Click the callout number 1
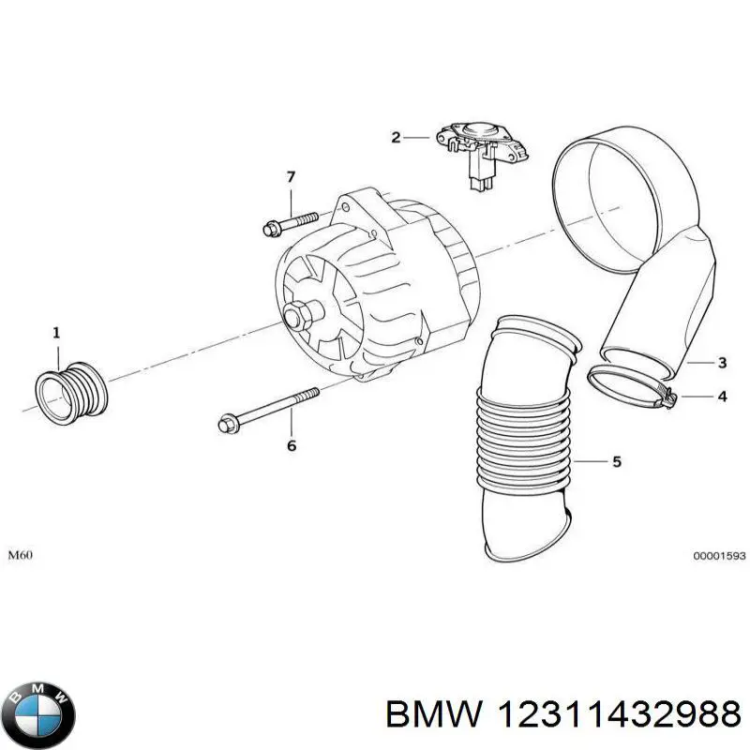point(55,333)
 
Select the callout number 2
point(396,138)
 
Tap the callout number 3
point(721,362)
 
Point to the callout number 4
point(721,397)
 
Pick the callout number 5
point(616,461)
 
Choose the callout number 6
point(291,446)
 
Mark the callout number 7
point(291,176)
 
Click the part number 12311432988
point(618,715)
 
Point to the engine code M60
point(20,555)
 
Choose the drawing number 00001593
point(719,556)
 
